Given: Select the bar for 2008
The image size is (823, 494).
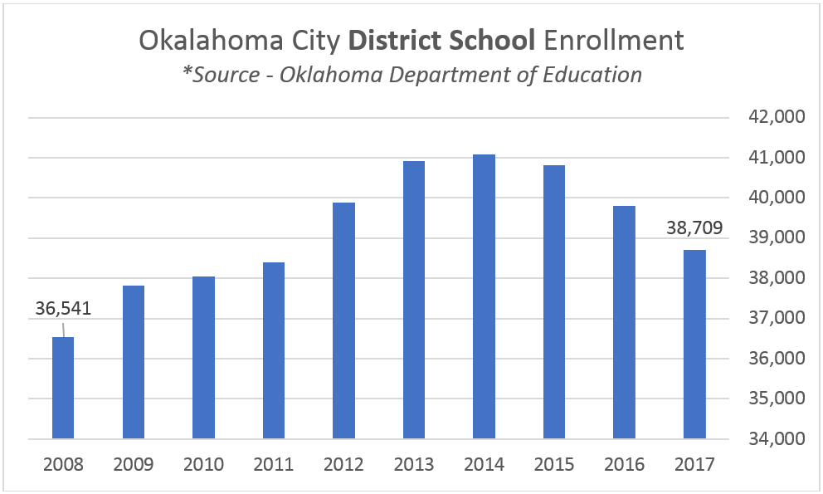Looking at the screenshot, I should (x=63, y=388).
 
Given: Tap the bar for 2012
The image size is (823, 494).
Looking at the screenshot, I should (x=343, y=320).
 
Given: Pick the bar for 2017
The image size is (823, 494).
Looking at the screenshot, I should (x=694, y=344).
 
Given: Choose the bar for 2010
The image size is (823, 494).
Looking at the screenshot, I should (x=203, y=357).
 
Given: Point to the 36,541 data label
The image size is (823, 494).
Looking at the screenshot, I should (x=63, y=309).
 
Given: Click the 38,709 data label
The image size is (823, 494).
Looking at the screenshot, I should (x=694, y=225).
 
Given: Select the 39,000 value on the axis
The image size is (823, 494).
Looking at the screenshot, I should (x=771, y=237).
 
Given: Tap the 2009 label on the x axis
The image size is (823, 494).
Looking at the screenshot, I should (x=134, y=463).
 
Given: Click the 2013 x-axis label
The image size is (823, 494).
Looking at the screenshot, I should (x=414, y=463).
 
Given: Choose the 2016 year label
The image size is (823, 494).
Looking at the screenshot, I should (x=624, y=463).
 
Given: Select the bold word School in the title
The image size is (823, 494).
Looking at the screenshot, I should (x=493, y=41).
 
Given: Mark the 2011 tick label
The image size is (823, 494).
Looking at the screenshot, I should (x=274, y=463).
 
